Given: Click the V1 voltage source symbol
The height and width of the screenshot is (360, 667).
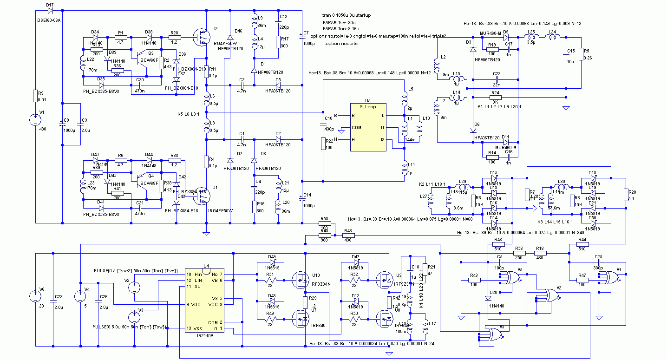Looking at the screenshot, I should [35, 119].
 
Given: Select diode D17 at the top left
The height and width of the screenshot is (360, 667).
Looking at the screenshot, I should [50, 10].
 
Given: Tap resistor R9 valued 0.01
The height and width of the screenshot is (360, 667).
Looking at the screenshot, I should [35, 96].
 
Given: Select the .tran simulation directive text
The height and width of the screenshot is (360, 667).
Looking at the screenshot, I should [346, 15].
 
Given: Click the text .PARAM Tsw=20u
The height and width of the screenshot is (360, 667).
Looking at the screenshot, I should [337, 22].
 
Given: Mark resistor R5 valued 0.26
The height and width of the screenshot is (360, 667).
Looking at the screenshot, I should [581, 55].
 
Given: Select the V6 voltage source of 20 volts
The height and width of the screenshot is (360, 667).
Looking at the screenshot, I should [35, 296].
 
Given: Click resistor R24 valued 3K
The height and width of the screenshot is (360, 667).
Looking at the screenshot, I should [496, 97].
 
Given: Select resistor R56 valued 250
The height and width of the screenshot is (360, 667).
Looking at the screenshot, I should [519, 253].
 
